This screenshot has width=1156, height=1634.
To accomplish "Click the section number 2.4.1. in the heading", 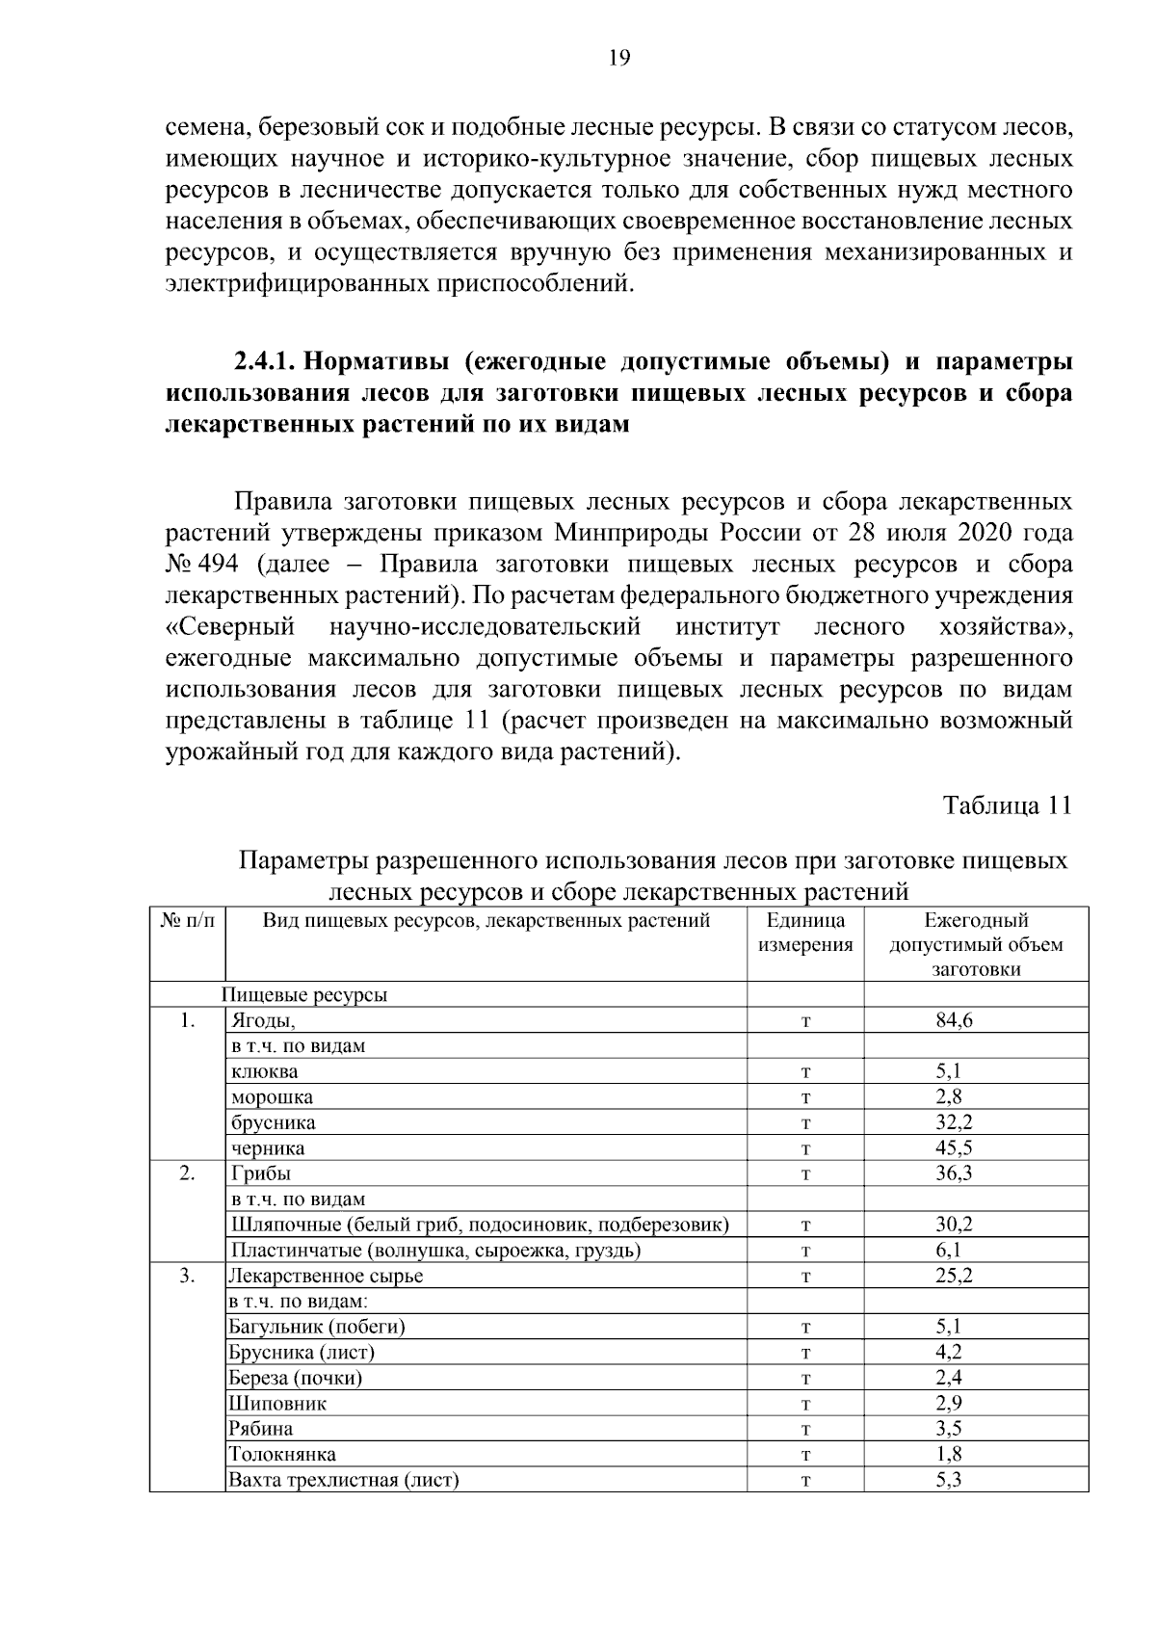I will tap(266, 362).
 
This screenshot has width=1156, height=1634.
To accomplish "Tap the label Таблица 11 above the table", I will tap(1007, 805).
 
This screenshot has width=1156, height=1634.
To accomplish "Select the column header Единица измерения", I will tap(805, 933).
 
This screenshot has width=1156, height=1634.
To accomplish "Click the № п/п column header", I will tap(187, 920).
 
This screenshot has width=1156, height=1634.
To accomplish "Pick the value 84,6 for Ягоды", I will tap(954, 1020).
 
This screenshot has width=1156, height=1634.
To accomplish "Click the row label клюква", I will tap(264, 1071).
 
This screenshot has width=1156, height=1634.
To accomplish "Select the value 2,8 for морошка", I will tap(948, 1096).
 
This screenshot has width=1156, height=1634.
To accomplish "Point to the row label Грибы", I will tap(260, 1173).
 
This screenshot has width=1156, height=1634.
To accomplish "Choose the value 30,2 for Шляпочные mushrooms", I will tap(954, 1225).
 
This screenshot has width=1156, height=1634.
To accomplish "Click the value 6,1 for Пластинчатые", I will tap(948, 1250).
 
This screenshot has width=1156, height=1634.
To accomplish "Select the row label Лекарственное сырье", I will tap(326, 1276).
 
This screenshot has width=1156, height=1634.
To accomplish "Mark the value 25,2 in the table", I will tap(954, 1276).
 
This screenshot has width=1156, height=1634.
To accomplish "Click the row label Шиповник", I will tap(277, 1403).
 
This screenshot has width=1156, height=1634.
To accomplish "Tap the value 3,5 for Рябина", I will tap(948, 1428).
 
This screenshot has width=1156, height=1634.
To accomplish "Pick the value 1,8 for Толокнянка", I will tap(948, 1454).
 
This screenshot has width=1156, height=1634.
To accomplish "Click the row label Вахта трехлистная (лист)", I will tap(343, 1479).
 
